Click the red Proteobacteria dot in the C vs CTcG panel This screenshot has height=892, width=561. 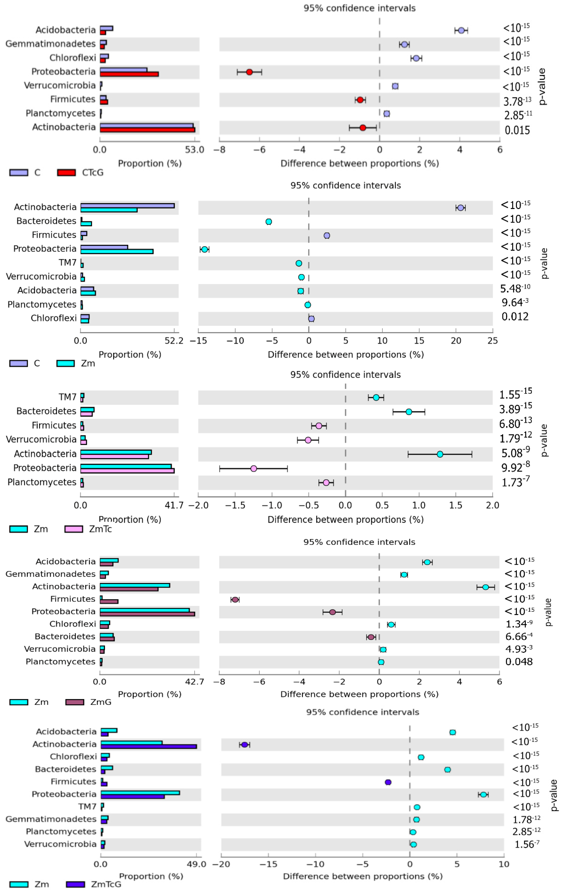point(249,72)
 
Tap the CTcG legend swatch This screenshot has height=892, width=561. point(67,173)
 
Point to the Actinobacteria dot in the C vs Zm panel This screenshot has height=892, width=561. point(460,208)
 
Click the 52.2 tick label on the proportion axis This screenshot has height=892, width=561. point(174,340)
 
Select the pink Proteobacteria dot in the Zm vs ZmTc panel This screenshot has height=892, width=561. point(254,469)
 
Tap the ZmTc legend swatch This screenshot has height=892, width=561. point(74,529)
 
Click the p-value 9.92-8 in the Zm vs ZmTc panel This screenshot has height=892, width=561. point(515,467)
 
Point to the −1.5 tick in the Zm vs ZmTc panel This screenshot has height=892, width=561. point(235,505)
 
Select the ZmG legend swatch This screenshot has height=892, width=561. point(75,702)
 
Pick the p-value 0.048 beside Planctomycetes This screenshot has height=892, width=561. point(519,662)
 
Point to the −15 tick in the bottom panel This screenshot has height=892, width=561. point(268,864)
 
